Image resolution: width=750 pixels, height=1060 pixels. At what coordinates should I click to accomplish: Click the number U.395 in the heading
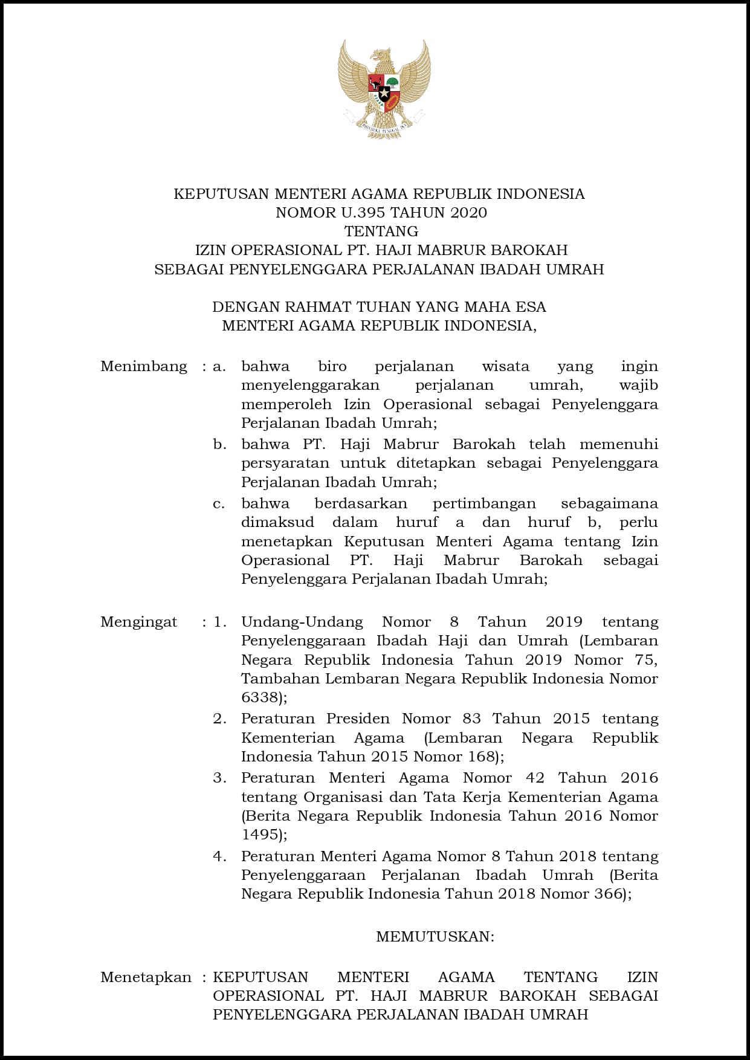pyautogui.click(x=363, y=213)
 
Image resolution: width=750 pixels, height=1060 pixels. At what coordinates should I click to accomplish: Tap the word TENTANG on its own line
pyautogui.click(x=381, y=231)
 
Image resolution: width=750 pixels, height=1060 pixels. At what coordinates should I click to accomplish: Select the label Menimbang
pyautogui.click(x=144, y=366)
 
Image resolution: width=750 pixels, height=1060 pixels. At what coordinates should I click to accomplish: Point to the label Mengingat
pyautogui.click(x=139, y=622)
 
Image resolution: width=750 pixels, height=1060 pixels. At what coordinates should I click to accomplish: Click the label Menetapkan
pyautogui.click(x=146, y=977)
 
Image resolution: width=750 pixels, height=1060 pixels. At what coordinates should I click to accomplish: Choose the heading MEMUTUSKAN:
pyautogui.click(x=435, y=937)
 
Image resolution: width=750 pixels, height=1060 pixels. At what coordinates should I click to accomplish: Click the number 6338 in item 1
pyautogui.click(x=260, y=697)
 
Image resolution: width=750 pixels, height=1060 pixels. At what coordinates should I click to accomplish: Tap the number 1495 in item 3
pyautogui.click(x=260, y=835)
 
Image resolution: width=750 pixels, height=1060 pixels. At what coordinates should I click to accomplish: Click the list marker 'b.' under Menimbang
pyautogui.click(x=220, y=444)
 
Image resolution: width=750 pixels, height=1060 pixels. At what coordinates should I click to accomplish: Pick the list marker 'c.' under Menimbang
pyautogui.click(x=219, y=503)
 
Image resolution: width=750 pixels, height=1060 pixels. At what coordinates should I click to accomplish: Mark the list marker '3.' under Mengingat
pyautogui.click(x=220, y=778)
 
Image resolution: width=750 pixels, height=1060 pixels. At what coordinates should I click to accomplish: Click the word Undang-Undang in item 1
pyautogui.click(x=302, y=622)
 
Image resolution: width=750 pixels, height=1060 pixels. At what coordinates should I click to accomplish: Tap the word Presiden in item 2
pyautogui.click(x=358, y=719)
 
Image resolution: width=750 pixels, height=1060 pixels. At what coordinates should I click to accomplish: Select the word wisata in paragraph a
pyautogui.click(x=506, y=366)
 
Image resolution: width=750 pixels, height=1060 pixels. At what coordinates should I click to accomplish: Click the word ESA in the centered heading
pyautogui.click(x=531, y=307)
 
